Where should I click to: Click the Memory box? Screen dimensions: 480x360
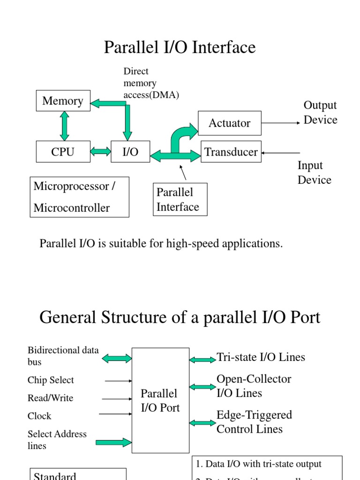[63, 101]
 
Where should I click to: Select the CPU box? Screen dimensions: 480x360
[63, 151]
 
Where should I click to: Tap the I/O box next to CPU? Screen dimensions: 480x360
[130, 151]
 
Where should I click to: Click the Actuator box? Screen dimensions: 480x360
[229, 123]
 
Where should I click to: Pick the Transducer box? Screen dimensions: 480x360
[231, 152]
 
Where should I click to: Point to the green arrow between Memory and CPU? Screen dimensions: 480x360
[65, 126]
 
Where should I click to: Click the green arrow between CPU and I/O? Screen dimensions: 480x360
[100, 151]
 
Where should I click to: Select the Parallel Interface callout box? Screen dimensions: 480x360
[180, 199]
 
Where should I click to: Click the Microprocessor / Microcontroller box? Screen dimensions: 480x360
[79, 197]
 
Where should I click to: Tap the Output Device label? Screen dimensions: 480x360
[320, 112]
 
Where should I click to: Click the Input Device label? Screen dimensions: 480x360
[314, 172]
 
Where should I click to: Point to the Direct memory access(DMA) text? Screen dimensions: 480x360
[151, 83]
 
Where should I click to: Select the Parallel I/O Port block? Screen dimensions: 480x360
[160, 400]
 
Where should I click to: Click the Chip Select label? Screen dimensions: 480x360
[51, 380]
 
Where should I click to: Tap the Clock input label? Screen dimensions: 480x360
[39, 416]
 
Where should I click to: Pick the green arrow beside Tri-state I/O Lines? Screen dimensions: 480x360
[202, 360]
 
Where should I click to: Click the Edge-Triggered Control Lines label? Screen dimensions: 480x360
[254, 422]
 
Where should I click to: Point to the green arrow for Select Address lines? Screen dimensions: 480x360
[114, 442]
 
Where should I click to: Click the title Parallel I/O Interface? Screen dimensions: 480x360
[180, 47]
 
